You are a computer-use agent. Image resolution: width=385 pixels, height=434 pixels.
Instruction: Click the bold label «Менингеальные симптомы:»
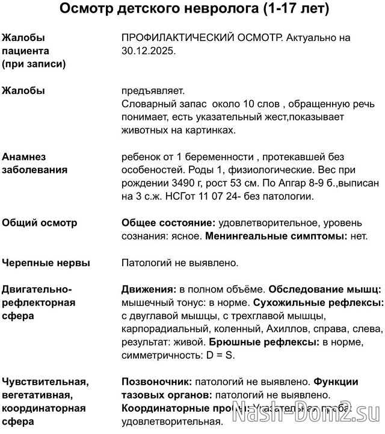coord(276,236)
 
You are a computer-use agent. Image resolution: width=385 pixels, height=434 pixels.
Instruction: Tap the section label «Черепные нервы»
coord(46,262)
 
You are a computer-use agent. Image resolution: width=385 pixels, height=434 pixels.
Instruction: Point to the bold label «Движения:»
coord(149,289)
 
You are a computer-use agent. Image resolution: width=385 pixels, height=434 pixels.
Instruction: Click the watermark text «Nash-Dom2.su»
coord(313,414)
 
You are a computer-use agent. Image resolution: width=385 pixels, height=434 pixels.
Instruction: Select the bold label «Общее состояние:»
coord(169,223)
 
